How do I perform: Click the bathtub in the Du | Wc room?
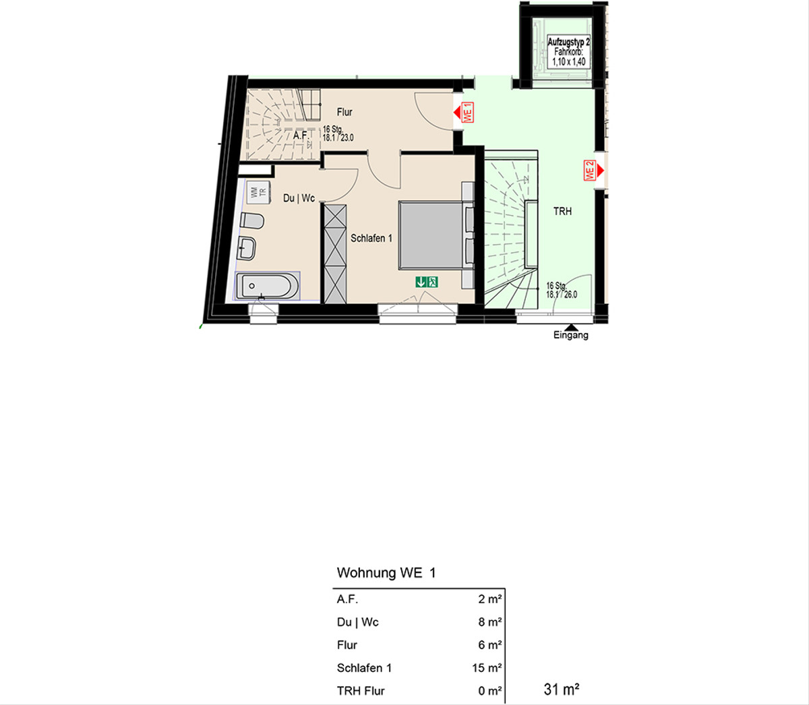click(x=267, y=286)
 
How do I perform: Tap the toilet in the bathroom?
click(x=252, y=220)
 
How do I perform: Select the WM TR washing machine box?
click(x=259, y=192)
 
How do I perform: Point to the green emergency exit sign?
click(x=427, y=282)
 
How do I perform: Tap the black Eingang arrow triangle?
click(x=570, y=327)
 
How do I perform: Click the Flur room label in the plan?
click(x=344, y=113)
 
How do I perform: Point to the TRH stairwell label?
click(x=562, y=212)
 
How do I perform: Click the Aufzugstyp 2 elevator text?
click(x=568, y=42)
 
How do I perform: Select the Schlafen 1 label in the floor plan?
click(x=371, y=239)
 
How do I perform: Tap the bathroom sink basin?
click(x=248, y=248)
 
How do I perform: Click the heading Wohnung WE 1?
click(x=386, y=573)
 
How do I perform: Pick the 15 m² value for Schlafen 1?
click(x=487, y=668)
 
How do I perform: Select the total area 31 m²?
click(x=562, y=689)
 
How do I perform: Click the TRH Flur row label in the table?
click(x=361, y=691)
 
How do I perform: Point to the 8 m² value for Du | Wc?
click(x=490, y=622)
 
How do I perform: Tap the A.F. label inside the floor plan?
click(x=301, y=135)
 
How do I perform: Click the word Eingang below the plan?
click(x=570, y=336)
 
